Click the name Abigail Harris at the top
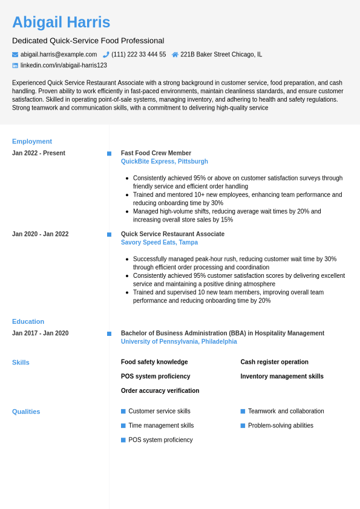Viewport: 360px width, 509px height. pyautogui.click(x=61, y=22)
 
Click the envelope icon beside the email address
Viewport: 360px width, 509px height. pyautogui.click(x=15, y=54)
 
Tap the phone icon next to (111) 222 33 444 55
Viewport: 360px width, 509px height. pyautogui.click(x=106, y=54)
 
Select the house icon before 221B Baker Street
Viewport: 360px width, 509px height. pyautogui.click(x=175, y=54)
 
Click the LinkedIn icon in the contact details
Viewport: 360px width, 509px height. pyautogui.click(x=15, y=65)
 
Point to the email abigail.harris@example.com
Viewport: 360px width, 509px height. pyautogui.click(x=59, y=54)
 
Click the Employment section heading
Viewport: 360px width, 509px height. pyautogui.click(x=32, y=142)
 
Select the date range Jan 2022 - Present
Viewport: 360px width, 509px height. pyautogui.click(x=39, y=153)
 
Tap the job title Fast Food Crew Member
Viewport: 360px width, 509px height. pyautogui.click(x=156, y=153)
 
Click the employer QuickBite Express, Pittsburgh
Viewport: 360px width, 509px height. pyautogui.click(x=165, y=162)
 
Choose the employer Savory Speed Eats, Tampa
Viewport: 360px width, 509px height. pyautogui.click(x=159, y=243)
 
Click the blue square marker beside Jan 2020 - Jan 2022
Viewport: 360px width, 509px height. pyautogui.click(x=109, y=234)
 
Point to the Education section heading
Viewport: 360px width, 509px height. pyautogui.click(x=28, y=321)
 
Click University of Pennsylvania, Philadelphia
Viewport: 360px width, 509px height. pyautogui.click(x=179, y=341)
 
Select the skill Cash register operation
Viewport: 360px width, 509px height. pyautogui.click(x=274, y=362)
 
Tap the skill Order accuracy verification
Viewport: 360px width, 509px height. pyautogui.click(x=160, y=391)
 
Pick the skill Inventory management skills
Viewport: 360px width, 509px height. pyautogui.click(x=282, y=376)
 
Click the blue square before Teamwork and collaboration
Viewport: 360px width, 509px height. pyautogui.click(x=243, y=412)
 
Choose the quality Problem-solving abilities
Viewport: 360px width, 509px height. pyautogui.click(x=281, y=425)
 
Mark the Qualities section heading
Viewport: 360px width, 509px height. pyautogui.click(x=26, y=412)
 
